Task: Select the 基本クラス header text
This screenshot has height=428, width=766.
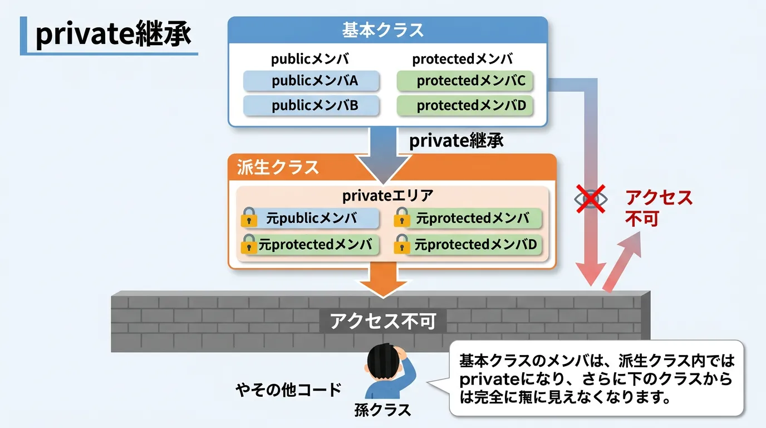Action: (383, 30)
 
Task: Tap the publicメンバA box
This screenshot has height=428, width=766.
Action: (311, 81)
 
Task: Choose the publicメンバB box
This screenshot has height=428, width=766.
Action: (311, 105)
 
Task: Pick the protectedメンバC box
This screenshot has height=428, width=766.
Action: (465, 81)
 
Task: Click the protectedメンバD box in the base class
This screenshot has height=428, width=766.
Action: (465, 105)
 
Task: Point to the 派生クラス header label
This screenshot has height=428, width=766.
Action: (278, 167)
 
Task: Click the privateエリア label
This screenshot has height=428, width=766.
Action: (387, 196)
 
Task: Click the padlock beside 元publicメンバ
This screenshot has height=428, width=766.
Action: (249, 218)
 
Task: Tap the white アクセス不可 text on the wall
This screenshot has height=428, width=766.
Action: (382, 322)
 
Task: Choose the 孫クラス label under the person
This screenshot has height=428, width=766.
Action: (382, 410)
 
